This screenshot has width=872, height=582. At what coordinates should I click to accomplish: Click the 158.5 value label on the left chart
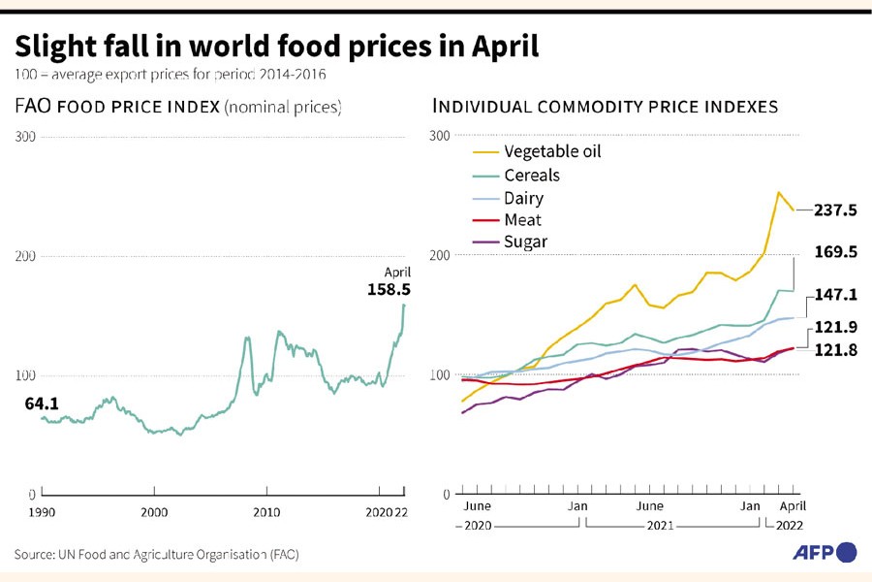point(389,289)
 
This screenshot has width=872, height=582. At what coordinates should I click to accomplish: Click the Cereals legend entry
point(532,176)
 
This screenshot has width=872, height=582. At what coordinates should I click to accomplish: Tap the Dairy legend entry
point(524,198)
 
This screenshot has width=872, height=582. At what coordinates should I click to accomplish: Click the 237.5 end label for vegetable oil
point(835,210)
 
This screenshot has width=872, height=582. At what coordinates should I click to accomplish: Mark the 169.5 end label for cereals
point(835,252)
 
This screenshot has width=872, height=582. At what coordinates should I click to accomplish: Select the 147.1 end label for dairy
point(835,293)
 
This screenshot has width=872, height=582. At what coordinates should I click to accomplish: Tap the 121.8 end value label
point(835,350)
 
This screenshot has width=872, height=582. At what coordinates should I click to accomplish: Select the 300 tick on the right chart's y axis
point(439,136)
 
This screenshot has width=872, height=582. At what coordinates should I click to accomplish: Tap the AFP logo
point(825,552)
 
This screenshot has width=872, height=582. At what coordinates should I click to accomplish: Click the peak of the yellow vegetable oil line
point(778,192)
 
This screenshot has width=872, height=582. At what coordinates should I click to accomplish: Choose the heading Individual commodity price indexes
point(606,107)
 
